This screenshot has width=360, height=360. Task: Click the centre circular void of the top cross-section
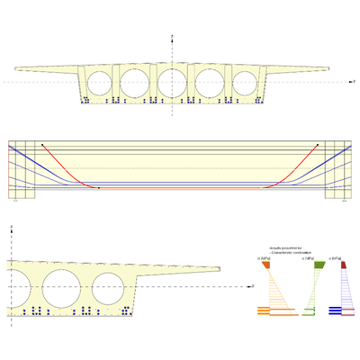pos(171,82)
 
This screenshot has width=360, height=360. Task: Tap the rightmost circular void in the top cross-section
pos(245,83)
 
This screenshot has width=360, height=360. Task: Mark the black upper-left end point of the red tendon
pos(41,144)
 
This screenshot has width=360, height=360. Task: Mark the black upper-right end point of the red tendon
pos(318,144)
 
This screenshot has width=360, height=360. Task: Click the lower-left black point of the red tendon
pos(98,188)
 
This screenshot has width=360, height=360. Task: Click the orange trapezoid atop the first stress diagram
pos(267,265)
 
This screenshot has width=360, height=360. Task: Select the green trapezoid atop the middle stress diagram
pos(318,265)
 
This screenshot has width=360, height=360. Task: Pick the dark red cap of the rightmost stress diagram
pos(342,265)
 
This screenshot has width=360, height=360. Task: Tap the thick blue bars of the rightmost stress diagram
pos(336,312)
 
